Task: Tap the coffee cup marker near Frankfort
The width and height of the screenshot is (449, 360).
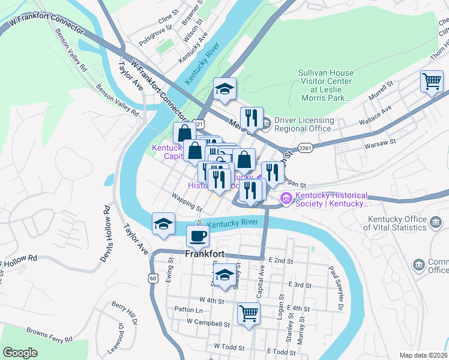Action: coord(197,236)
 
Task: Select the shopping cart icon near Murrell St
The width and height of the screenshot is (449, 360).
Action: coord(432,82)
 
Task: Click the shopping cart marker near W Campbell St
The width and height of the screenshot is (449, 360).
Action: coord(249,313)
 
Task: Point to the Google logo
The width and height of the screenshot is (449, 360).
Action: coord(20,353)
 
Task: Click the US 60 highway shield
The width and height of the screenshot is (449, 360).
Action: coord(154,278)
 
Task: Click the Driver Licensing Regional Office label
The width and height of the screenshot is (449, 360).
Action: coord(303,124)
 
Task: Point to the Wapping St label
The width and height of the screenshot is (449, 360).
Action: coord(186,202)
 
